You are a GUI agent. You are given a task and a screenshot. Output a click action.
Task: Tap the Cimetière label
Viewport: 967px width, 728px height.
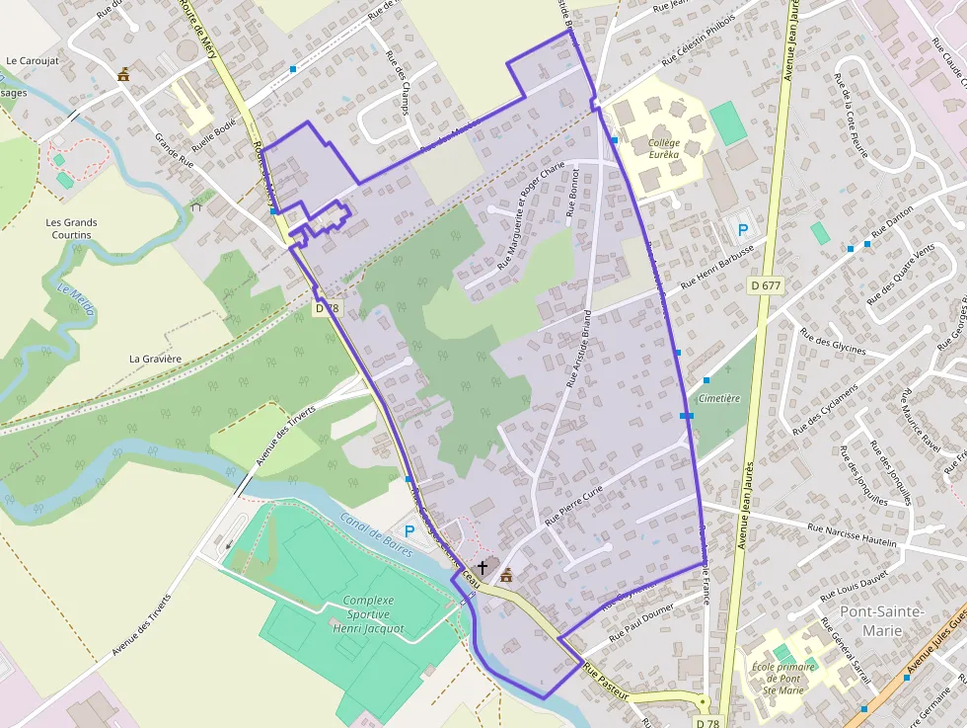pyautogui.click(x=718, y=398)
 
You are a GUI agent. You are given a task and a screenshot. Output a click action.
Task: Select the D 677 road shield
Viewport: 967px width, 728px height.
pyautogui.click(x=765, y=285)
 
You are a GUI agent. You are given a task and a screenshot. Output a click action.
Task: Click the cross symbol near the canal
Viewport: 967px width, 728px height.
pyautogui.click(x=483, y=567)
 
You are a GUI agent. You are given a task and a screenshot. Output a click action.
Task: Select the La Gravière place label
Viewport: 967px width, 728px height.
pyautogui.click(x=156, y=359)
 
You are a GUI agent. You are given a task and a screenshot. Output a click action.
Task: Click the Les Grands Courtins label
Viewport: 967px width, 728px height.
pyautogui.click(x=71, y=229)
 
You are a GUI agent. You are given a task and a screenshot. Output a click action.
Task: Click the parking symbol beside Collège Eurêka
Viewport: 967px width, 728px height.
pyautogui.click(x=742, y=230)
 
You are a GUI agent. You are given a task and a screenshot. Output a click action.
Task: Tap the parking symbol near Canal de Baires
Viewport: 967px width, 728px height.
pyautogui.click(x=409, y=531)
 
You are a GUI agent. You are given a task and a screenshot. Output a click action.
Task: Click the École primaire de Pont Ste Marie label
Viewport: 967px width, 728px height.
pyautogui.click(x=784, y=678)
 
